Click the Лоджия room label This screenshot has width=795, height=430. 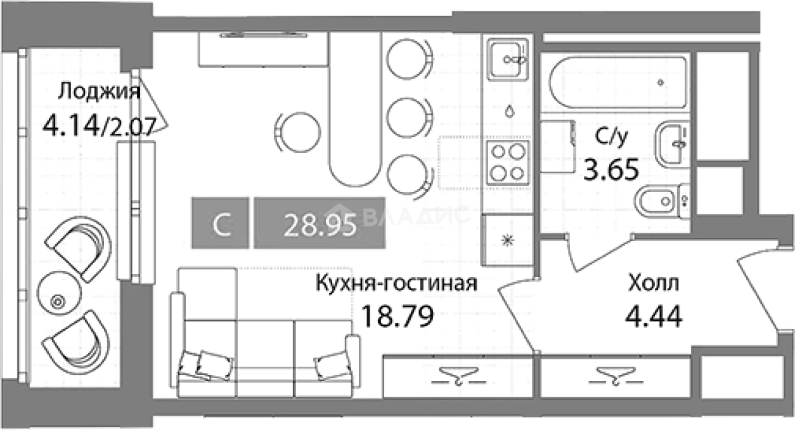pyautogui.click(x=98, y=92)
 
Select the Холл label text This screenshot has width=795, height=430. pyautogui.click(x=653, y=283)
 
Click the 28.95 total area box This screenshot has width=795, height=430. pyautogui.click(x=320, y=223)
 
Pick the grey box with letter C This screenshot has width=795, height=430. pyautogui.click(x=221, y=223)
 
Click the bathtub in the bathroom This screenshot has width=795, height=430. pyautogui.click(x=618, y=83)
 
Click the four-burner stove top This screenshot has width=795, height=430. pyautogui.click(x=507, y=163)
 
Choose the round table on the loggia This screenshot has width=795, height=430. pyautogui.click(x=57, y=301)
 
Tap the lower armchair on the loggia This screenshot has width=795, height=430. pyautogui.click(x=76, y=345)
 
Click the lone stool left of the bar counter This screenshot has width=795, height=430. pyautogui.click(x=297, y=130)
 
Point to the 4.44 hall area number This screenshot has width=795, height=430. pyautogui.click(x=653, y=316)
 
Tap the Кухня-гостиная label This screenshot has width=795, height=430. pyautogui.click(x=396, y=283)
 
